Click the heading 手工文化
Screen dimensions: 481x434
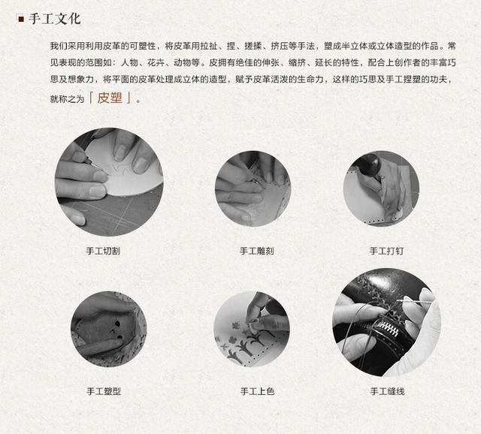pos(55,19)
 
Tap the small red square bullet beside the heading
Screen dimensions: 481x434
pos(21,20)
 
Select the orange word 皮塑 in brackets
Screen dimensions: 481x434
pos(110,98)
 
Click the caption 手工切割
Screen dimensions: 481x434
pos(103,251)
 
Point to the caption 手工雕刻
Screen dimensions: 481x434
pos(257,251)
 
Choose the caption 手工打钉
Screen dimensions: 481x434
pos(386,251)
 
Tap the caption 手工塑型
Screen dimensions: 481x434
pos(104,391)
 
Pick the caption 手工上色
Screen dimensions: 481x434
pos(257,391)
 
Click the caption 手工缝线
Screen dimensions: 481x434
pos(388,391)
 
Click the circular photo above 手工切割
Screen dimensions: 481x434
pos(109,182)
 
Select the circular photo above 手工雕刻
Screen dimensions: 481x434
pos(253,188)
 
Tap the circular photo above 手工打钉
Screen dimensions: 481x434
pos(381,188)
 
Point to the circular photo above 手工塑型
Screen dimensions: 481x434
pos(108,329)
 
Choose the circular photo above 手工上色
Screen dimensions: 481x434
pos(252,329)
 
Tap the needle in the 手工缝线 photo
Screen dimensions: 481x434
pos(417,302)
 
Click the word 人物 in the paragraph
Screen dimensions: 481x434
pos(129,63)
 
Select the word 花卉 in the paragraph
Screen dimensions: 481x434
pos(156,63)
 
